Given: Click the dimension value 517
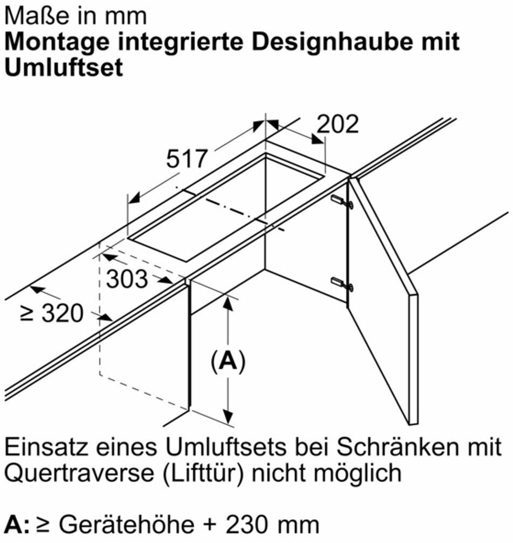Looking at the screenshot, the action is (x=187, y=159).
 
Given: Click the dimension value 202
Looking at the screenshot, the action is (x=338, y=124).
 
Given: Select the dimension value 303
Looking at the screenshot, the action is (x=127, y=279).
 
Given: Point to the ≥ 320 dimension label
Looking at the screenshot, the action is (x=52, y=313).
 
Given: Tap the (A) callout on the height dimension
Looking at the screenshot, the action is (x=227, y=362).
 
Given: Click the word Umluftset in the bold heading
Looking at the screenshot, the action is (x=64, y=67).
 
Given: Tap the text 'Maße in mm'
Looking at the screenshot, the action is (x=76, y=16).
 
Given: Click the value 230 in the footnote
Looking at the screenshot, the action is (x=248, y=525).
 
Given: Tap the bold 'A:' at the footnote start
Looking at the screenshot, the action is (x=17, y=525).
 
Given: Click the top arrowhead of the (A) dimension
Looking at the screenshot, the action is (x=227, y=303).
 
